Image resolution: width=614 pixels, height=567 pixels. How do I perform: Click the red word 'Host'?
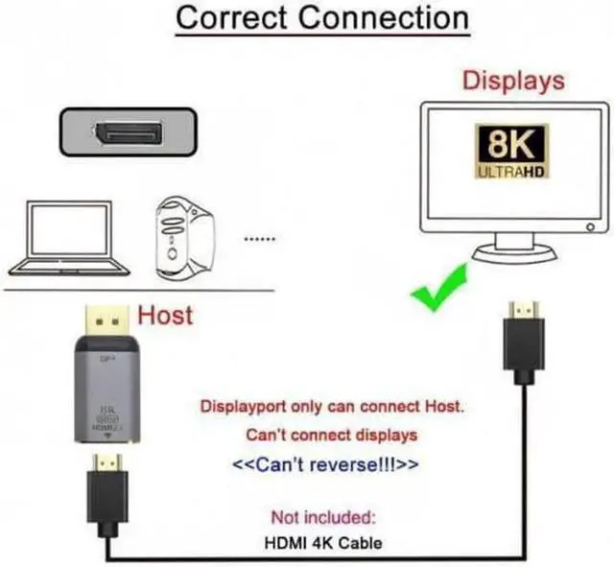(x=166, y=314)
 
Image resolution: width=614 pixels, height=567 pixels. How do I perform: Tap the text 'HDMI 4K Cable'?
(x=322, y=543)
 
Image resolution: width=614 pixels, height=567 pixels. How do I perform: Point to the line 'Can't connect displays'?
(x=331, y=435)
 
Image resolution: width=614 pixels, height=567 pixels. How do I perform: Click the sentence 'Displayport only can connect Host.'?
(x=331, y=406)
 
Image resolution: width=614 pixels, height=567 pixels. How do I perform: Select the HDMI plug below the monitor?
(x=524, y=341)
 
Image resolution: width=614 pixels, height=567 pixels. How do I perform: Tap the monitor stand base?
(x=519, y=258)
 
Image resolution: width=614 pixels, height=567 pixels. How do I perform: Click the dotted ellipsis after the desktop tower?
(x=261, y=237)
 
